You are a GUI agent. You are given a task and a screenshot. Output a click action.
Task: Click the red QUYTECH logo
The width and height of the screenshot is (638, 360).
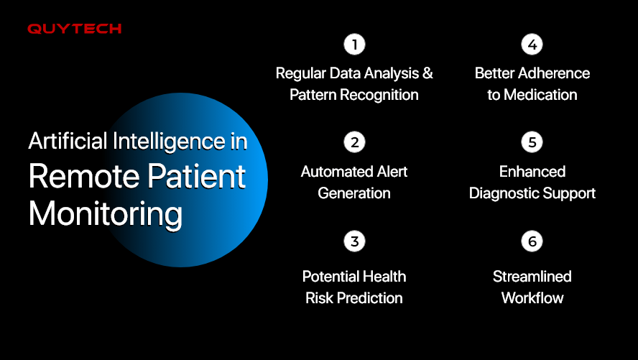tap(75, 29)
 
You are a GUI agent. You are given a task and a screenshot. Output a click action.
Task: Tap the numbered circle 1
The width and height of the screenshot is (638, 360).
tap(354, 45)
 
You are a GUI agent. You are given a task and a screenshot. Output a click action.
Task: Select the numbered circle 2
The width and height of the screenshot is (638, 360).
tap(354, 142)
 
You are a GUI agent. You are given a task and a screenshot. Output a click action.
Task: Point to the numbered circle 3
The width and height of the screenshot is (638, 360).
tap(354, 241)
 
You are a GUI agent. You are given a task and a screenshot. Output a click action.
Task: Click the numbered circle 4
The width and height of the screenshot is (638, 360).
tap(532, 45)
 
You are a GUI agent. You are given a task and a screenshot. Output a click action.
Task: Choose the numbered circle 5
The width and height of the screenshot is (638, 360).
tap(532, 142)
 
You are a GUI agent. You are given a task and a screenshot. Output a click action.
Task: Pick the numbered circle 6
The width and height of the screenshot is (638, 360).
tap(532, 241)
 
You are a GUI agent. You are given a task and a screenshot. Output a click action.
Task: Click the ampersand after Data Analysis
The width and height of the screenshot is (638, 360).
tap(427, 73)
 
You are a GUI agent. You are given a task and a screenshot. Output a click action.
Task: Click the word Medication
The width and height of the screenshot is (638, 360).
tap(540, 95)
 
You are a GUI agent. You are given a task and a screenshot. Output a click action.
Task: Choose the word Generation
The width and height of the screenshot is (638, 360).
tap(354, 193)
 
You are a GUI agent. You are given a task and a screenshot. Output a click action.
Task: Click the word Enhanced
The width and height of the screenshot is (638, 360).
tap(532, 172)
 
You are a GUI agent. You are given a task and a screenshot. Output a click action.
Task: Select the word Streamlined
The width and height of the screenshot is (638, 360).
tap(532, 277)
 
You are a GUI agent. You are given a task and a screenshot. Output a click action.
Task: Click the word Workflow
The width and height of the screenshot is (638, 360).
tap(532, 298)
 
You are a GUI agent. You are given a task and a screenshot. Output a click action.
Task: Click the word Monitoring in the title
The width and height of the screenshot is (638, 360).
tap(106, 214)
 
